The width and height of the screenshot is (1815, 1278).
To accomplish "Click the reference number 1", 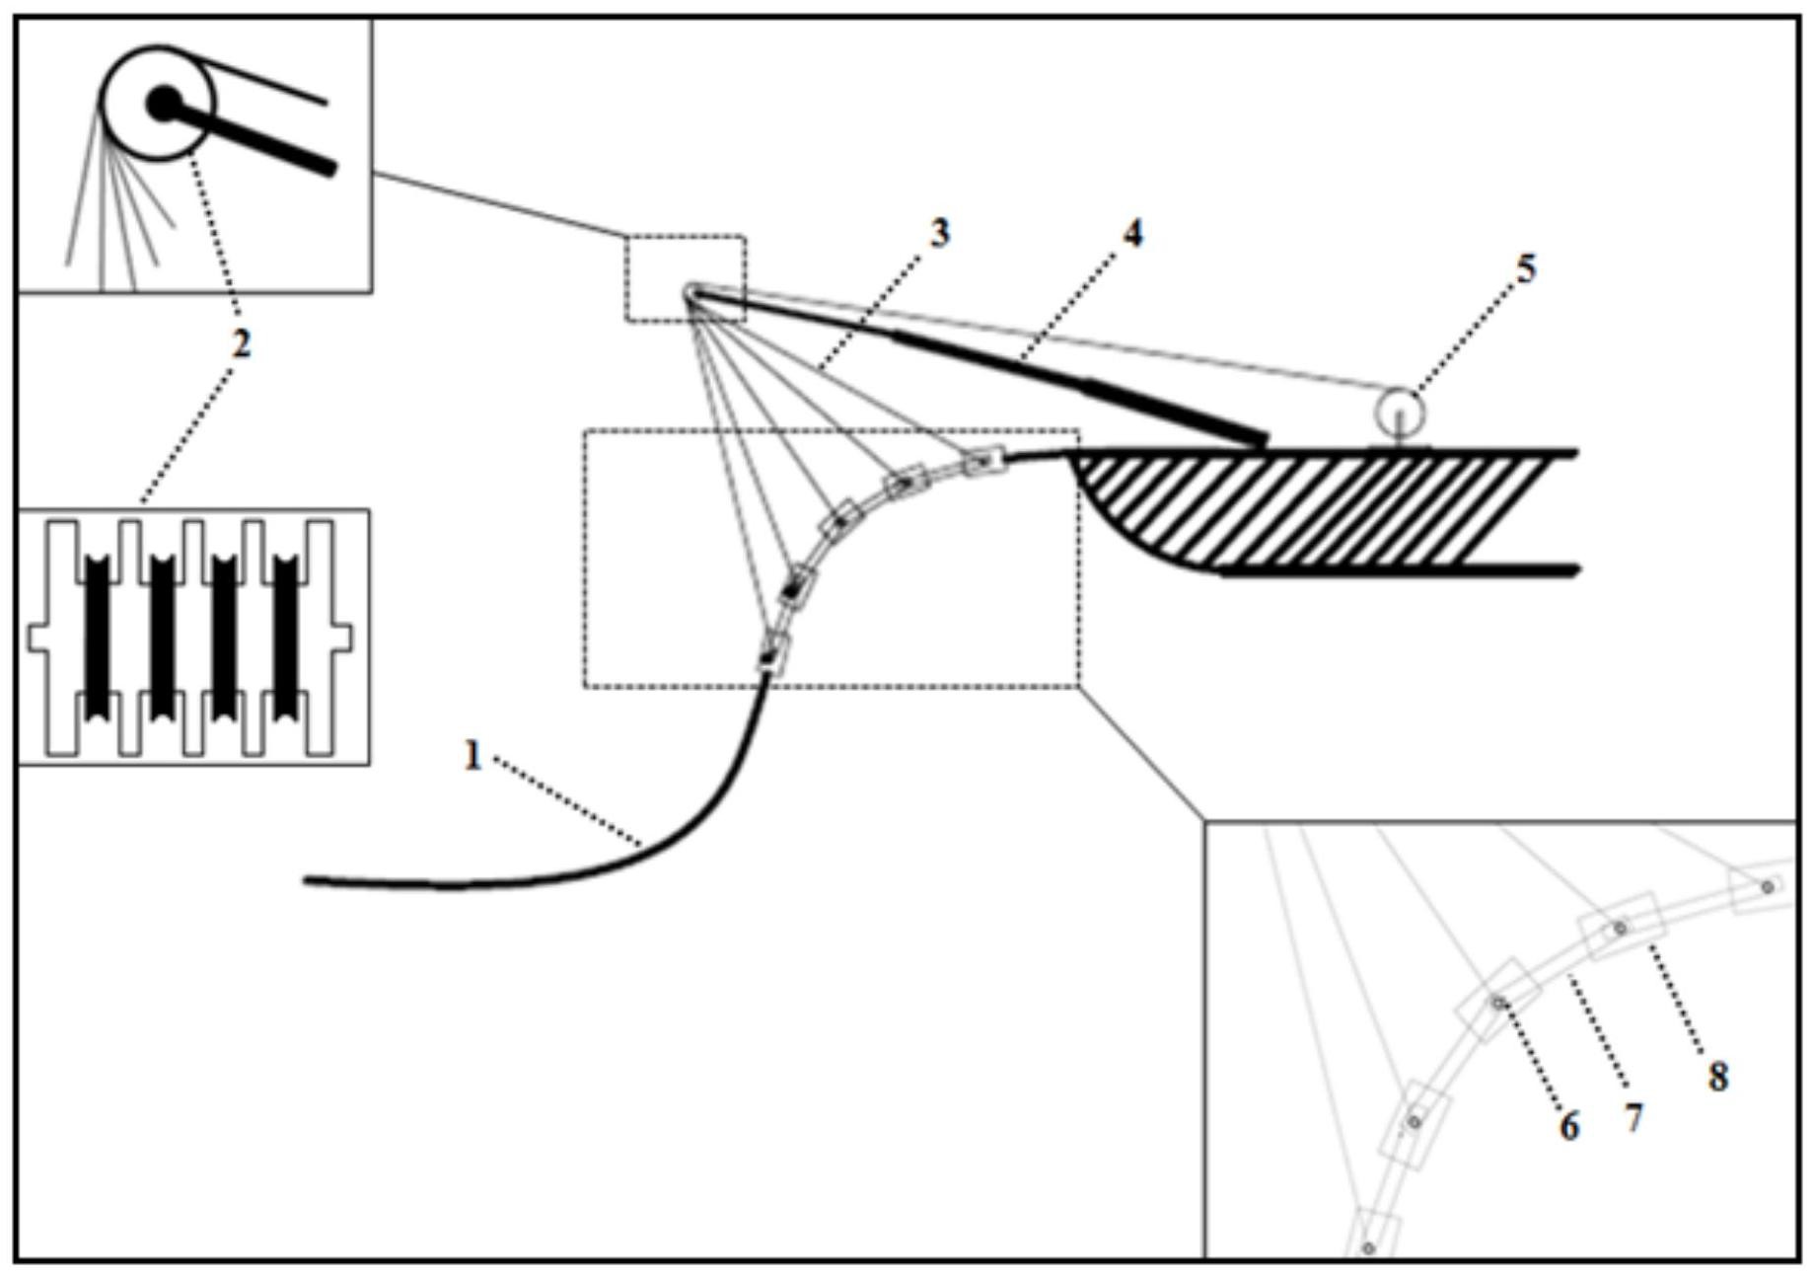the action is (472, 757).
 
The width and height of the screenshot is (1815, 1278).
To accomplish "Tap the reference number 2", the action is (241, 343).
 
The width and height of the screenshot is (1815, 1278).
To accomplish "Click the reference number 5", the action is (1525, 268).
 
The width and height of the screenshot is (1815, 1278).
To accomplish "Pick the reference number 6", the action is (1568, 1126).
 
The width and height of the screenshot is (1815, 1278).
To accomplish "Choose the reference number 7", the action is (1633, 1118).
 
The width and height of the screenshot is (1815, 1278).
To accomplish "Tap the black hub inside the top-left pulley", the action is (163, 102).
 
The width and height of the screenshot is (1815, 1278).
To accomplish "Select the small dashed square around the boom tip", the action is (686, 278).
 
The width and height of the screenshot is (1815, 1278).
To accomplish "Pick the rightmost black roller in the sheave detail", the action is (285, 635).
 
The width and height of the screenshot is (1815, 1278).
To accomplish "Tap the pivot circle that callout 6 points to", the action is (1498, 1003).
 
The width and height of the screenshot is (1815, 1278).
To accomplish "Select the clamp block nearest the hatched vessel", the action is (984, 461).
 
